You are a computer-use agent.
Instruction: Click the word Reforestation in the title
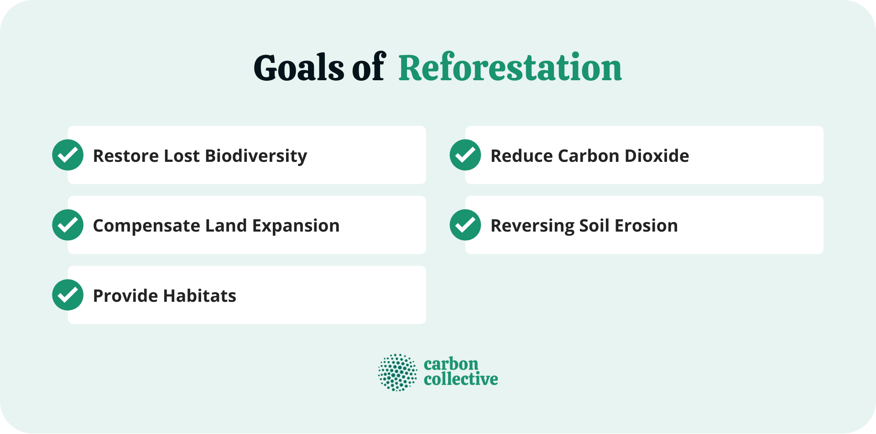click(x=510, y=68)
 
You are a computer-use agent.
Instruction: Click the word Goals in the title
click(x=298, y=68)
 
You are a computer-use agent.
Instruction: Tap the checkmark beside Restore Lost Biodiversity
click(x=68, y=155)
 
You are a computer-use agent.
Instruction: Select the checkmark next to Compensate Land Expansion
click(x=68, y=225)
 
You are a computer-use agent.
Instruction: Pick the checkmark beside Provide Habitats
click(x=68, y=295)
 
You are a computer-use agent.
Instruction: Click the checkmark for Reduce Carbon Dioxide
click(x=465, y=155)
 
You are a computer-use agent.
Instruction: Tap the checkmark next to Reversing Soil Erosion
click(x=465, y=225)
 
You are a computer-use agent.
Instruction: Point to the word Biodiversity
click(x=256, y=156)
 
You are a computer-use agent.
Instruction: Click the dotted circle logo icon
click(x=397, y=372)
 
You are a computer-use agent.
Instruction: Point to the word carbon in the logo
click(x=451, y=364)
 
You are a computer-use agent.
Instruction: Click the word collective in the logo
click(x=461, y=379)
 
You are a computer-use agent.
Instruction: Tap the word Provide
click(x=125, y=296)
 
